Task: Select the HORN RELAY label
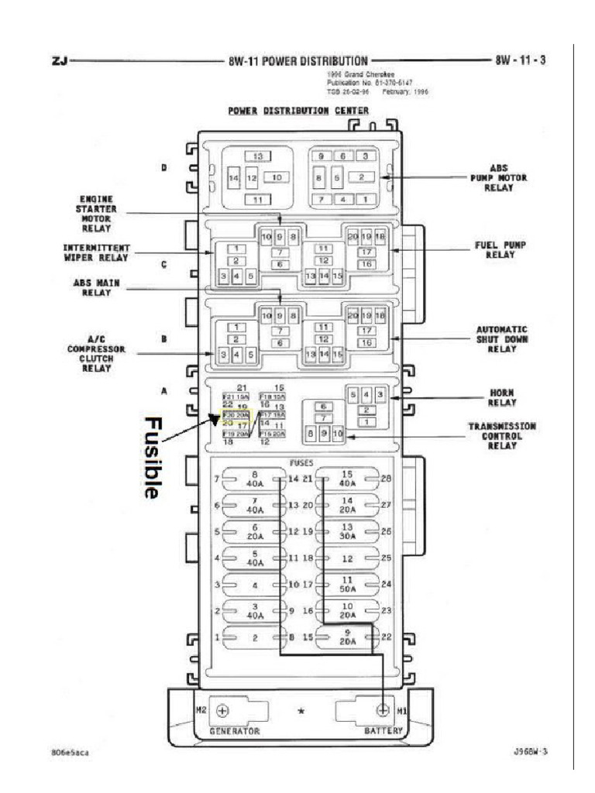coord(502,398)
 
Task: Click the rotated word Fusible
coord(152,458)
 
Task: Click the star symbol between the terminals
coord(300,711)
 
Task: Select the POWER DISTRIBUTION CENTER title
coord(297,110)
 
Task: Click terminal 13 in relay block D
coord(259,156)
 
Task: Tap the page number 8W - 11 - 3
coord(520,60)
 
